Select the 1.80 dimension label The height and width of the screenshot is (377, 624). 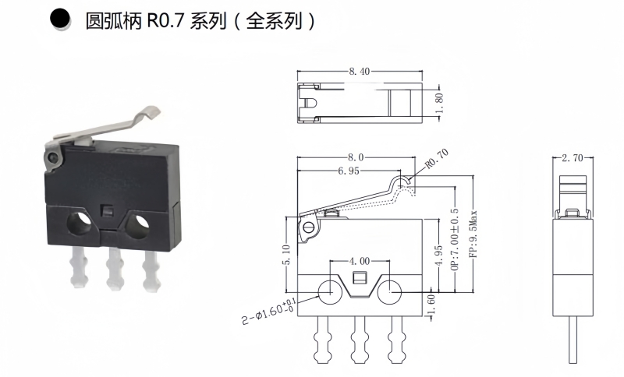coord(438,100)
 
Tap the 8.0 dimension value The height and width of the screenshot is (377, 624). coord(360,157)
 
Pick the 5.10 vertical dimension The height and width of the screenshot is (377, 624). coord(287,253)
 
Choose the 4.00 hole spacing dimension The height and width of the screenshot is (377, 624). coord(360,260)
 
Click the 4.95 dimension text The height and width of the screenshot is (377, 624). coord(439,256)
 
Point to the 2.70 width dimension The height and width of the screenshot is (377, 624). coord(572,157)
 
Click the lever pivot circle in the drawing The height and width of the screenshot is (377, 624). coord(309,227)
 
